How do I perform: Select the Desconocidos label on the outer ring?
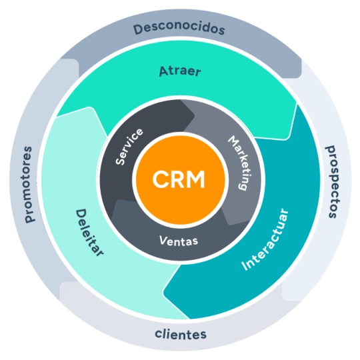coord(179,29)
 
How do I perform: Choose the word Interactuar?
coord(265,240)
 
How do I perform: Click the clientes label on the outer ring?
coord(180,334)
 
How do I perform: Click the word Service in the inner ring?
coord(130,146)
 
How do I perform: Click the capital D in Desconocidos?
coord(137,30)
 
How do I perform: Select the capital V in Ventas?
coord(163,239)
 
